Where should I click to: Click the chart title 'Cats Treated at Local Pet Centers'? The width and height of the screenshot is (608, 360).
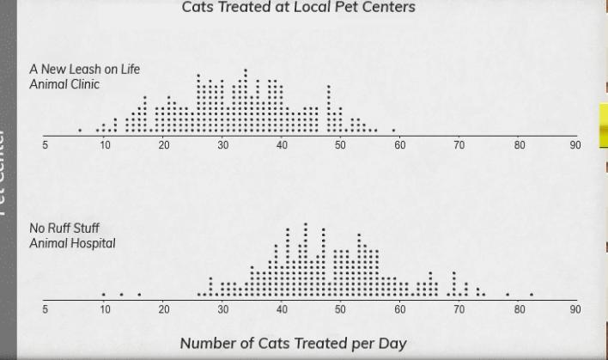(298, 8)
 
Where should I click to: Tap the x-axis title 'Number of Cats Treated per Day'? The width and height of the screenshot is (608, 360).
(293, 344)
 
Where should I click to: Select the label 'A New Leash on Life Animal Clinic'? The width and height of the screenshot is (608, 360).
(84, 76)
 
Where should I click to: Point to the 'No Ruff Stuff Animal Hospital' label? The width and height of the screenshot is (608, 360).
(72, 235)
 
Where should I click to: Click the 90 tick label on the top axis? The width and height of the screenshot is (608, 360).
(575, 145)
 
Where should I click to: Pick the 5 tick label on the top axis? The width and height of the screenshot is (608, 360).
(46, 145)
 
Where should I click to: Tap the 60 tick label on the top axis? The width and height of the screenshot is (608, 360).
(399, 145)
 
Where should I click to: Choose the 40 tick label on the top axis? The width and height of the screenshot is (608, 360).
(282, 145)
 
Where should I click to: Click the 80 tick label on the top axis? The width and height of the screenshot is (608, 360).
(520, 145)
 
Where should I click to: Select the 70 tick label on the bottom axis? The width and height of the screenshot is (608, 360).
(459, 309)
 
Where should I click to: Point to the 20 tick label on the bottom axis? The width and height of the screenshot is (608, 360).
(163, 309)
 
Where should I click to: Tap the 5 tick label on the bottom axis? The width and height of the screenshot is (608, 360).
(46, 309)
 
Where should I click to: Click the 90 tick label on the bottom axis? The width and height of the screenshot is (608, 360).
(575, 309)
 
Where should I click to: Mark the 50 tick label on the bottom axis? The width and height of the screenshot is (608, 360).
(340, 309)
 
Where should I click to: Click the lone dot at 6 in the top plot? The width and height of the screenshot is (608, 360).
(80, 131)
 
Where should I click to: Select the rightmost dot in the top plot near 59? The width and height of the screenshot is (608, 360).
(393, 131)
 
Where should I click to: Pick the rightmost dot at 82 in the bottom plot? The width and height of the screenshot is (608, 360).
(532, 295)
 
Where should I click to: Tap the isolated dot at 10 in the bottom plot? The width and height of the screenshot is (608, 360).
(104, 295)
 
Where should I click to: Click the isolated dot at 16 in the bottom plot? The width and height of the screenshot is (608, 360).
(139, 295)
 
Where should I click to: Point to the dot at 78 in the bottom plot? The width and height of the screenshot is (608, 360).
(508, 295)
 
